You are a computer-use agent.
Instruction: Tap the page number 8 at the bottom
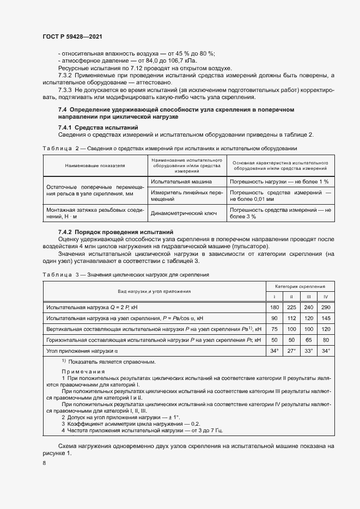(44, 462)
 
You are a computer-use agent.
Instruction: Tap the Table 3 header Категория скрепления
(300, 286)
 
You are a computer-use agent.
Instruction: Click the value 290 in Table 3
(326, 308)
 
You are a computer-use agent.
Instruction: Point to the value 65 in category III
(308, 340)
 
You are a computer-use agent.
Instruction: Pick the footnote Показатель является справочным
(105, 361)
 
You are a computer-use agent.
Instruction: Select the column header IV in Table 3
(326, 297)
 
